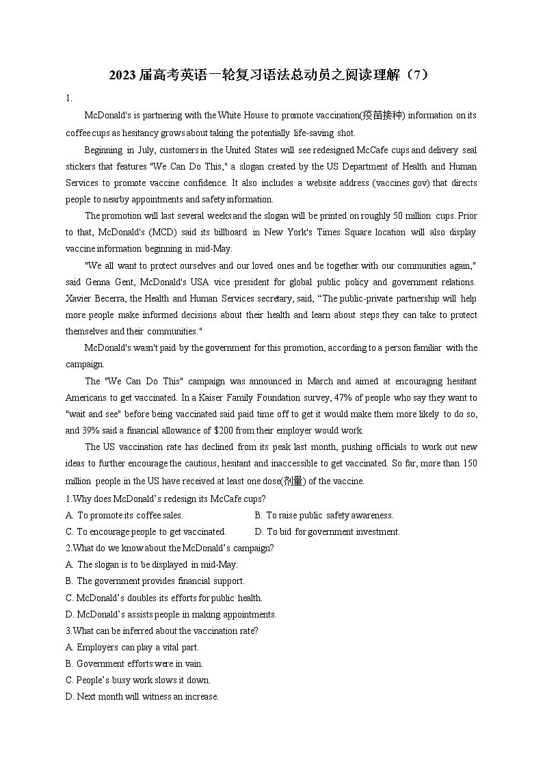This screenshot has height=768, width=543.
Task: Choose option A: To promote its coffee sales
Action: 124,516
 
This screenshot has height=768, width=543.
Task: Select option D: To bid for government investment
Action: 328,532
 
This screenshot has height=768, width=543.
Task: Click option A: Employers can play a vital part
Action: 133,648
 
